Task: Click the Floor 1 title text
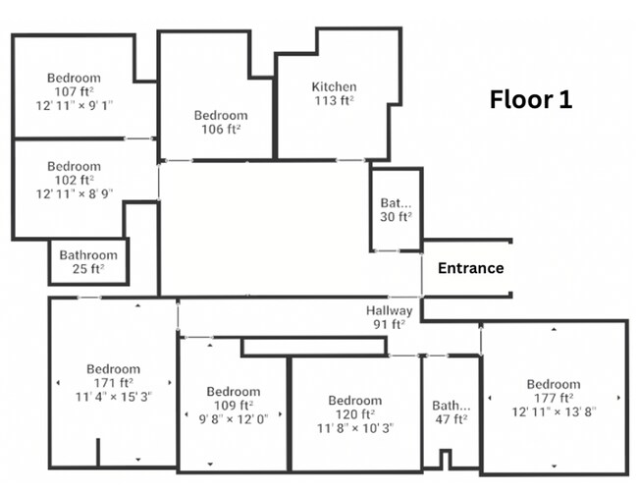[531, 99]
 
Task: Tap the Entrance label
[470, 268]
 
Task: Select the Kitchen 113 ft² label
[334, 93]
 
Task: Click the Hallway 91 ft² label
[388, 317]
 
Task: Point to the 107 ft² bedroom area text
[75, 91]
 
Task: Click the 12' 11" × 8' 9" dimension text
[75, 192]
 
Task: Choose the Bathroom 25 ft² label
[88, 261]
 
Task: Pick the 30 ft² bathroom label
[397, 210]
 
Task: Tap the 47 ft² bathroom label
[452, 411]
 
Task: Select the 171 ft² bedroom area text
[113, 383]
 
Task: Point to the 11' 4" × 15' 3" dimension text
[113, 396]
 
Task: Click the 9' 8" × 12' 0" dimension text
[233, 417]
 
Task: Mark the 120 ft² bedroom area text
[354, 413]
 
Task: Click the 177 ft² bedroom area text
[554, 397]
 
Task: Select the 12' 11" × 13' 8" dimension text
[554, 410]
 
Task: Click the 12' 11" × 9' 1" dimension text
[75, 104]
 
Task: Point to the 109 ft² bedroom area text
[233, 405]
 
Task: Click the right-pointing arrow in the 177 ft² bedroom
[618, 398]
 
